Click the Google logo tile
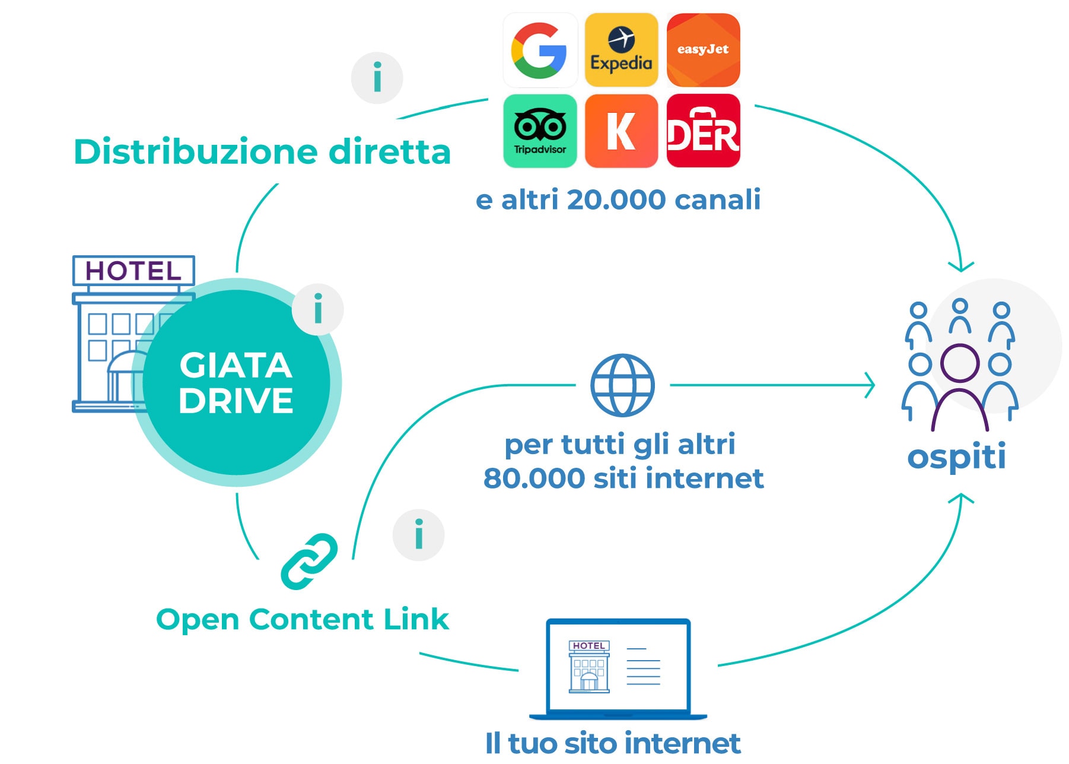pyautogui.click(x=540, y=50)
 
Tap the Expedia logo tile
pyautogui.click(x=621, y=50)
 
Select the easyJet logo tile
pyautogui.click(x=703, y=50)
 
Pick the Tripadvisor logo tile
pyautogui.click(x=540, y=131)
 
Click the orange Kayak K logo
pyautogui.click(x=621, y=131)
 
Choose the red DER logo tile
pyautogui.click(x=703, y=131)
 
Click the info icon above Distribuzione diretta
pyautogui.click(x=377, y=78)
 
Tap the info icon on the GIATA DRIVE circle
pyautogui.click(x=318, y=309)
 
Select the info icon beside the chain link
pyautogui.click(x=419, y=535)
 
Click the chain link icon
pyautogui.click(x=309, y=562)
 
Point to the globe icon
pyautogui.click(x=622, y=385)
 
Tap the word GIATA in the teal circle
pyautogui.click(x=236, y=365)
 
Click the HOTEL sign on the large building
pyautogui.click(x=133, y=271)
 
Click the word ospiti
pyautogui.click(x=956, y=458)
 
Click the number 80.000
pyautogui.click(x=534, y=478)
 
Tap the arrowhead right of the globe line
pyautogui.click(x=869, y=385)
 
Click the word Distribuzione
pyautogui.click(x=196, y=152)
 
